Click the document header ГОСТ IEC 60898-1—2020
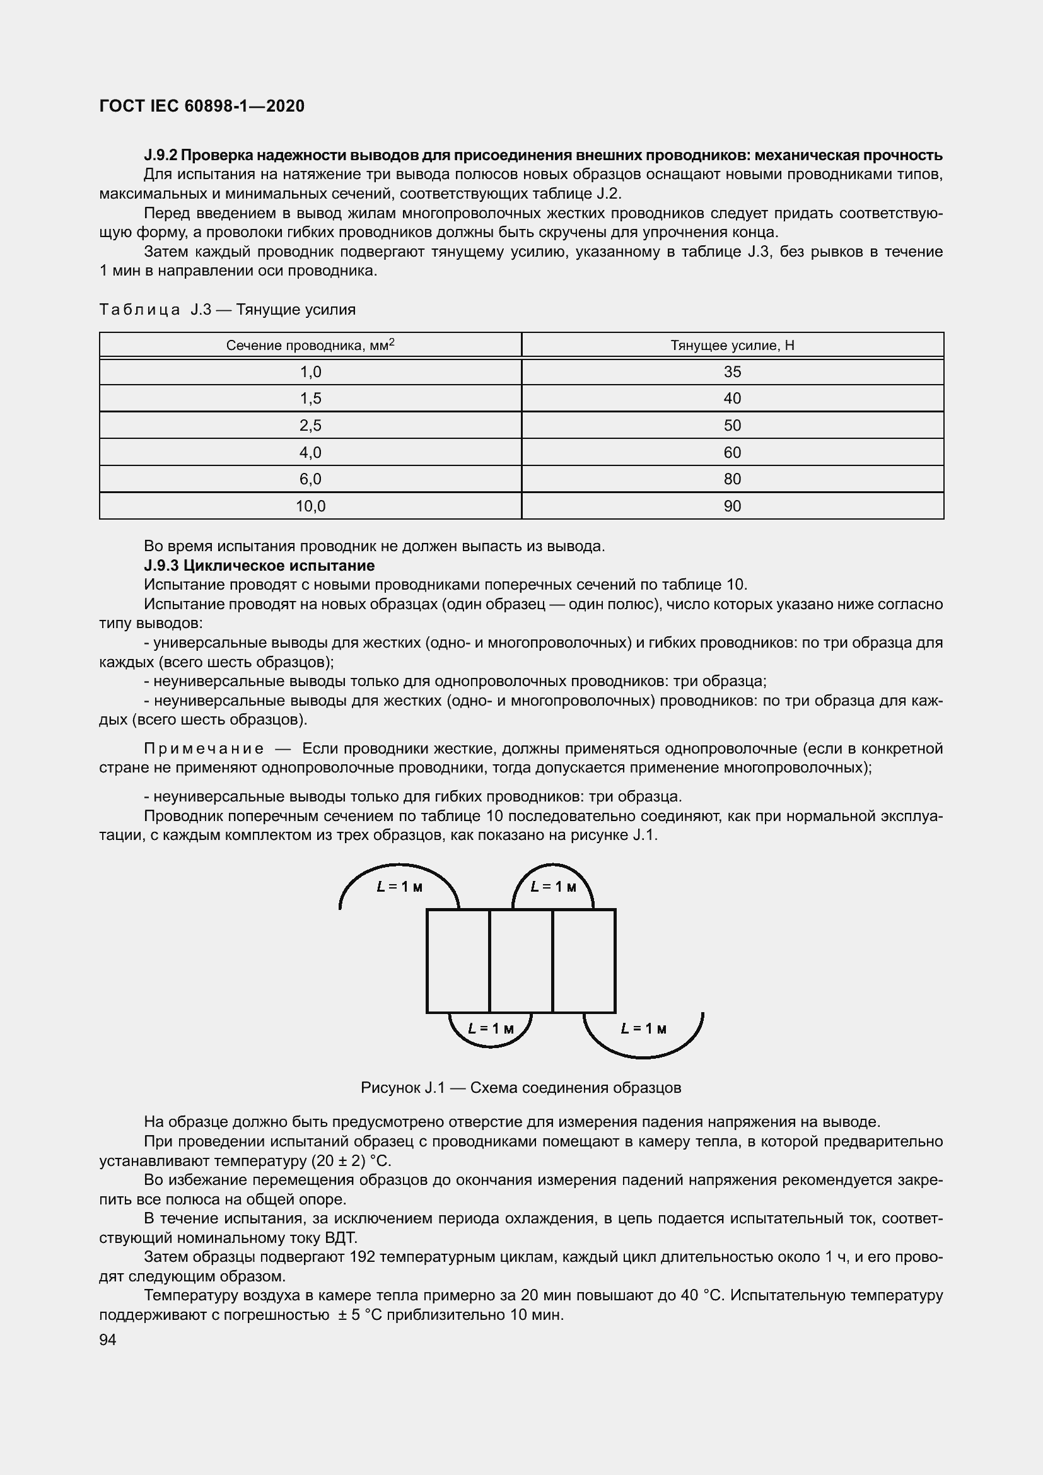click(202, 106)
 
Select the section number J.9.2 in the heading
click(161, 155)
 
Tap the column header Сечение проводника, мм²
click(310, 346)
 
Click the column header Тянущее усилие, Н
click(732, 346)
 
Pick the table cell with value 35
click(732, 372)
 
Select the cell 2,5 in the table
click(310, 425)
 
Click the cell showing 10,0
click(310, 506)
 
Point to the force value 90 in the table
click(732, 506)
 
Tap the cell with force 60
click(732, 452)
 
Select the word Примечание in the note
click(204, 749)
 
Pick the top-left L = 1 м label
click(399, 887)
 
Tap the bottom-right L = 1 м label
click(644, 1029)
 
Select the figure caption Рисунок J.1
click(520, 1088)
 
